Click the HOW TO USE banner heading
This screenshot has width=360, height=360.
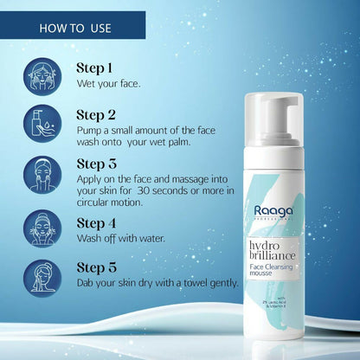75,29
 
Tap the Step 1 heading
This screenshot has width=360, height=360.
93,67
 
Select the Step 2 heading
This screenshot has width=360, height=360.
94,114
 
